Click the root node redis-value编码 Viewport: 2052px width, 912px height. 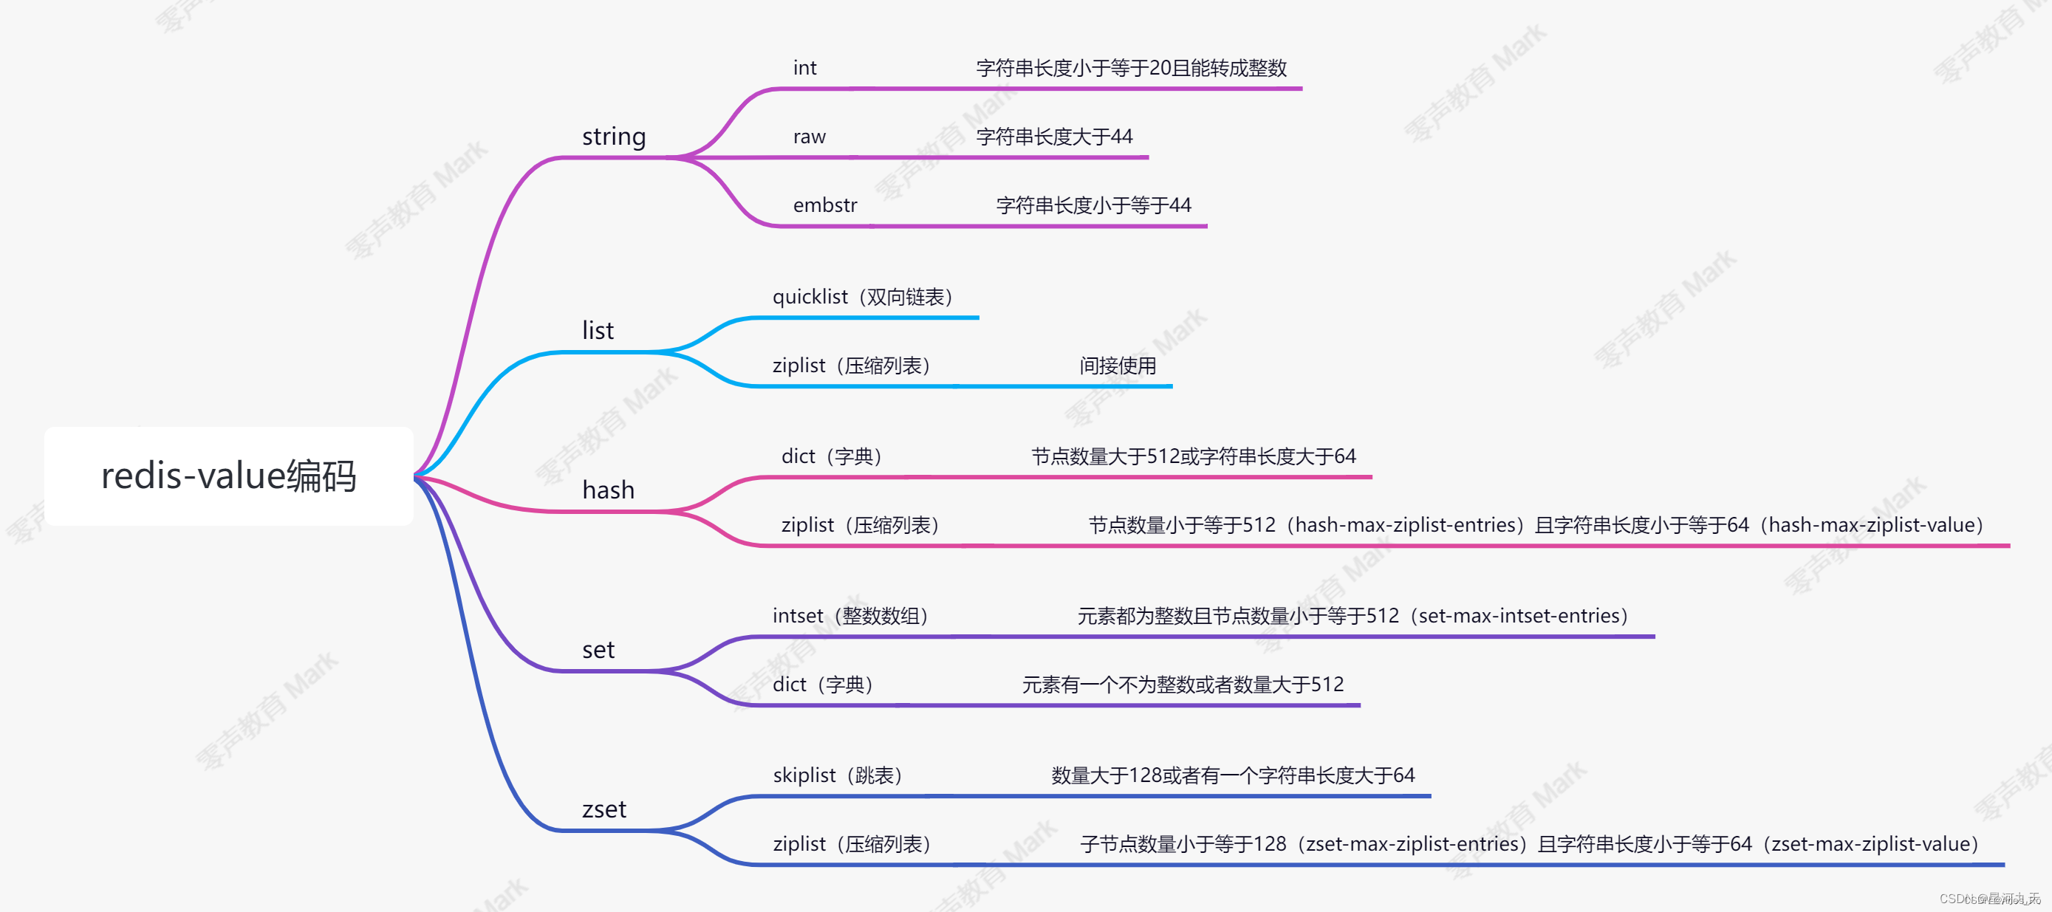pyautogui.click(x=229, y=476)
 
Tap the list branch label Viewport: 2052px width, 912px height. pyautogui.click(x=598, y=331)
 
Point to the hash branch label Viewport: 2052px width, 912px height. pyautogui.click(x=608, y=490)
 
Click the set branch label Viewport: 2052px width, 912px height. pyautogui.click(x=598, y=650)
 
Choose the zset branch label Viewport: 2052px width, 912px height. pyautogui.click(x=603, y=809)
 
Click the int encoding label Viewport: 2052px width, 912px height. pyautogui.click(x=804, y=69)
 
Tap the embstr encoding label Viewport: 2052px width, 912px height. pyautogui.click(x=824, y=205)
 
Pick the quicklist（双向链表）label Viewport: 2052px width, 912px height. pyautogui.click(x=863, y=297)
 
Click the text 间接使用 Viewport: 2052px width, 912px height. pyautogui.click(x=1118, y=366)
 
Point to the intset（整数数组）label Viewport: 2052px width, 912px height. pyautogui.click(x=850, y=616)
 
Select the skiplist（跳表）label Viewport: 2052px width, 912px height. pyautogui.click(x=837, y=775)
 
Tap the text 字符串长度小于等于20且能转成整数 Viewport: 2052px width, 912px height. pyautogui.click(x=1131, y=69)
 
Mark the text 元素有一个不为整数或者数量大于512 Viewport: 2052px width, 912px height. pyautogui.click(x=1182, y=685)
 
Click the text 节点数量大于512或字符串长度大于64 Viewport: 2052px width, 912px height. pyautogui.click(x=1193, y=456)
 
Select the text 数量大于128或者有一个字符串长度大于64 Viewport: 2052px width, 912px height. pyautogui.click(x=1232, y=775)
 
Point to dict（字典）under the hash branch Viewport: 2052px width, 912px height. pyautogui.click(x=832, y=456)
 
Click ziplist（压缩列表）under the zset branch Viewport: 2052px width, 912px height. pyautogui.click(x=852, y=843)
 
